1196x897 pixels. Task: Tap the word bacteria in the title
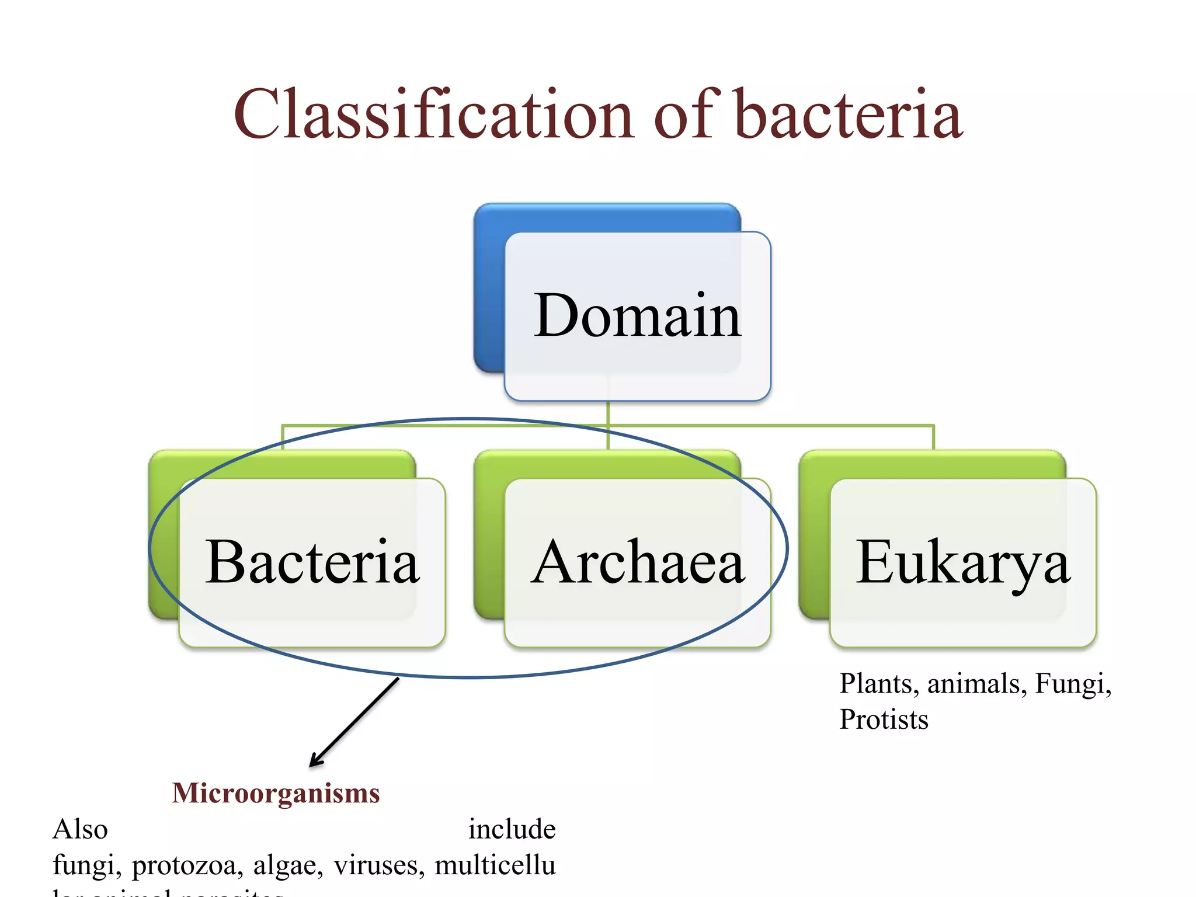pyautogui.click(x=847, y=114)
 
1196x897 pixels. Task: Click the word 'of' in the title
pyautogui.click(x=683, y=114)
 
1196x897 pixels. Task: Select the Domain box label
pyautogui.click(x=637, y=316)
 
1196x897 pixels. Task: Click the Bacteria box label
pyautogui.click(x=312, y=562)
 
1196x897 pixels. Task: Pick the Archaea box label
pyautogui.click(x=637, y=562)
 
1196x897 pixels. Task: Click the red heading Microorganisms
pyautogui.click(x=276, y=793)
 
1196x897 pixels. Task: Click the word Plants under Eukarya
pyautogui.click(x=875, y=684)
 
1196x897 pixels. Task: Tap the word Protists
pyautogui.click(x=884, y=719)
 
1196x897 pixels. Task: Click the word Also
pyautogui.click(x=80, y=829)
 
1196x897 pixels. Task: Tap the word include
pyautogui.click(x=512, y=829)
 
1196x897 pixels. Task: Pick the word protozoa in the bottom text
pyautogui.click(x=187, y=865)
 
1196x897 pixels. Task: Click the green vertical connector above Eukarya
pyautogui.click(x=933, y=437)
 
